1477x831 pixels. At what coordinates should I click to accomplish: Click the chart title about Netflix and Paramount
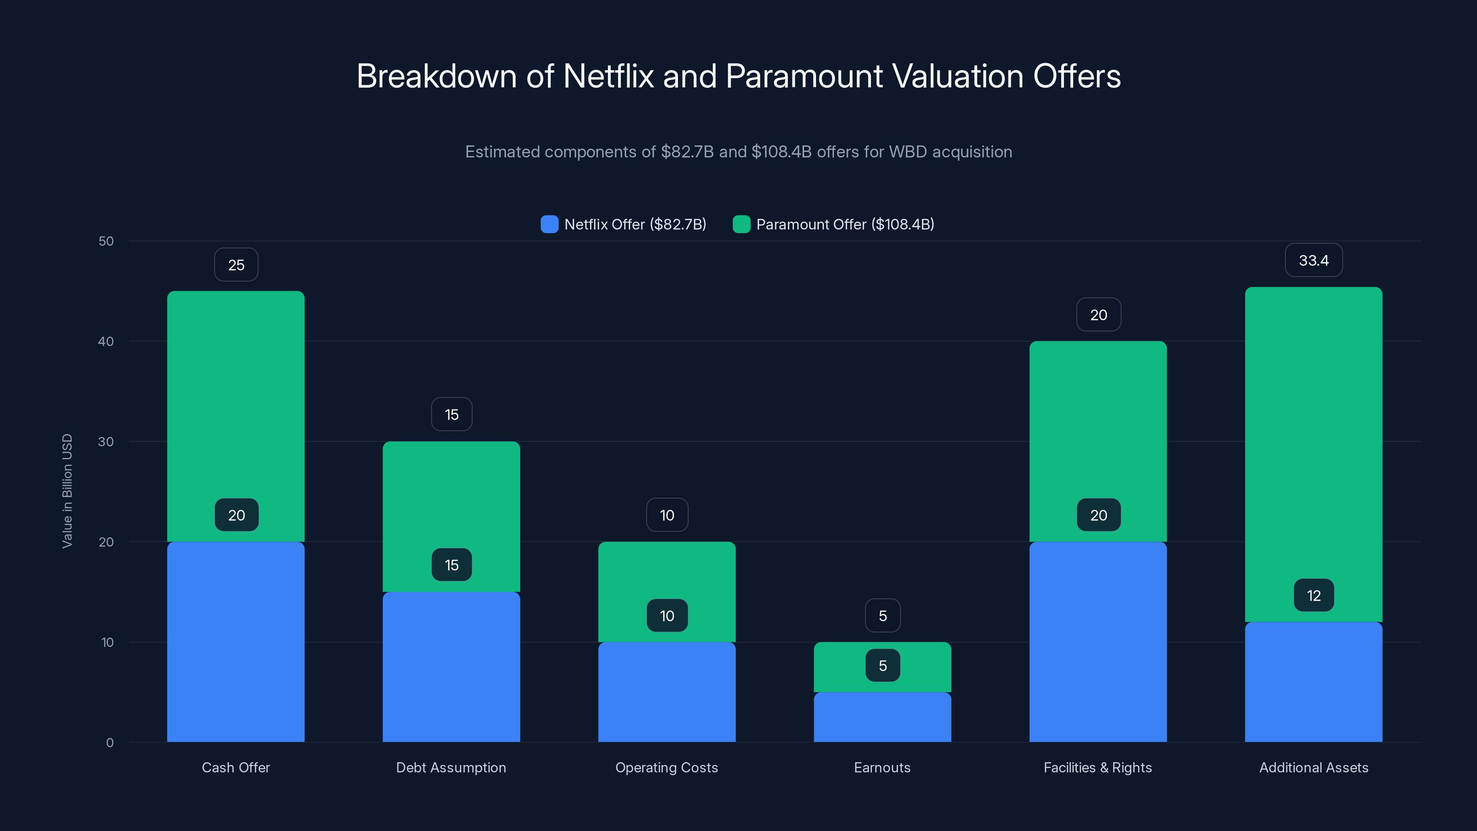click(x=738, y=76)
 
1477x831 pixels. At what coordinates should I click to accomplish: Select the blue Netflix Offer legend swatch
click(x=549, y=224)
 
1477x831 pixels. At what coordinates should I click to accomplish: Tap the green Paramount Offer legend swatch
click(x=741, y=224)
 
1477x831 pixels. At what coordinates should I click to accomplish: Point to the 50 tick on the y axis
click(x=106, y=241)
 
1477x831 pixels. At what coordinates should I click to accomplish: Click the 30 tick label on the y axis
click(x=106, y=442)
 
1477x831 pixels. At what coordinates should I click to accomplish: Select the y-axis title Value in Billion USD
click(x=67, y=491)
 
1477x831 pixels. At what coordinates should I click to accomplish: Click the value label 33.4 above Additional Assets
click(x=1313, y=260)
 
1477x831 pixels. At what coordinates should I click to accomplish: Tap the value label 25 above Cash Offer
click(x=236, y=265)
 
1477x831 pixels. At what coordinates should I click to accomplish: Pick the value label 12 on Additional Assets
click(x=1314, y=596)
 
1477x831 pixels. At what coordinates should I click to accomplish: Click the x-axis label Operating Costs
click(x=666, y=767)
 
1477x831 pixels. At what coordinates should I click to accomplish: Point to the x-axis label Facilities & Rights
click(x=1098, y=767)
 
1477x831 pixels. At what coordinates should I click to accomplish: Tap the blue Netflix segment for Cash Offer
click(x=236, y=642)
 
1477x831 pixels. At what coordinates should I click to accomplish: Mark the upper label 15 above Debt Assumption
click(x=452, y=415)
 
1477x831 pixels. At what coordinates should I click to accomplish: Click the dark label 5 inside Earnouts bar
click(x=883, y=666)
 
